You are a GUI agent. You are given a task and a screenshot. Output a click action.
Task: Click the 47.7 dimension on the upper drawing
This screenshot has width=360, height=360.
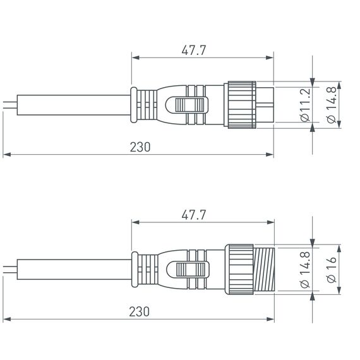coord(194,51)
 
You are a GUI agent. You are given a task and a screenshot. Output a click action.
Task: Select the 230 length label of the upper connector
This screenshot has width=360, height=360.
coord(140,147)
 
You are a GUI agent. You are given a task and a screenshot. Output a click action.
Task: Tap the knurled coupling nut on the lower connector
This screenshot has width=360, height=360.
coord(241,270)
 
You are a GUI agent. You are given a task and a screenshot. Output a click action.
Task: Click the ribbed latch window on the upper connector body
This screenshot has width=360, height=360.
coord(191,104)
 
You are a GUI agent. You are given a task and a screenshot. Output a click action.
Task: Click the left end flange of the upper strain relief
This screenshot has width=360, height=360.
coord(133,103)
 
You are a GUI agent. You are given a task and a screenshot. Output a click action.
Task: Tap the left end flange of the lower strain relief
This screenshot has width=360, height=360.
coord(133,270)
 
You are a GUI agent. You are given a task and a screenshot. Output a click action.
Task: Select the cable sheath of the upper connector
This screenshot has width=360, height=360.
coord(69,103)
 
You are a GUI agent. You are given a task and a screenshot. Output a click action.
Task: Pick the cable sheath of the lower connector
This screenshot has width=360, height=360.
coord(69,270)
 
